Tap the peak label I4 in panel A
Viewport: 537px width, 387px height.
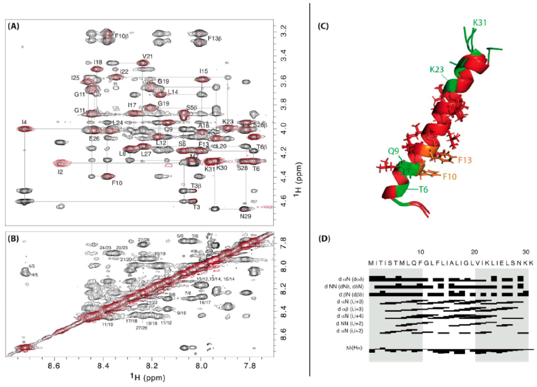24,122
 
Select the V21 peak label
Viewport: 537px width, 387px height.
147,56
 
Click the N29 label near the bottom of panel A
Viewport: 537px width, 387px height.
245,216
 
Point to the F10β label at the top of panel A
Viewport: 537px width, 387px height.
122,36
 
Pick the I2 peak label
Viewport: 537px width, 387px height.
60,172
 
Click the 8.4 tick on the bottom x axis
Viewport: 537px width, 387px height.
103,364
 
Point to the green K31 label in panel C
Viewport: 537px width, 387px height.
480,23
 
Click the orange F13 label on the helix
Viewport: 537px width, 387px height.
465,160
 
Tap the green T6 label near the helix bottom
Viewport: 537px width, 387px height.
423,189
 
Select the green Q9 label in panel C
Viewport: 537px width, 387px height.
393,151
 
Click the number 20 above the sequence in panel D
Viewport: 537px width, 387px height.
474,252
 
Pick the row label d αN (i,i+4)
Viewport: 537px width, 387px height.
350,316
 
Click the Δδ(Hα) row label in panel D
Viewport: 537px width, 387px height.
354,348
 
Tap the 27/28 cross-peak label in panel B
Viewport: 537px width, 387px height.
144,240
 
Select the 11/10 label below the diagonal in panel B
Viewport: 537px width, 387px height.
107,324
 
